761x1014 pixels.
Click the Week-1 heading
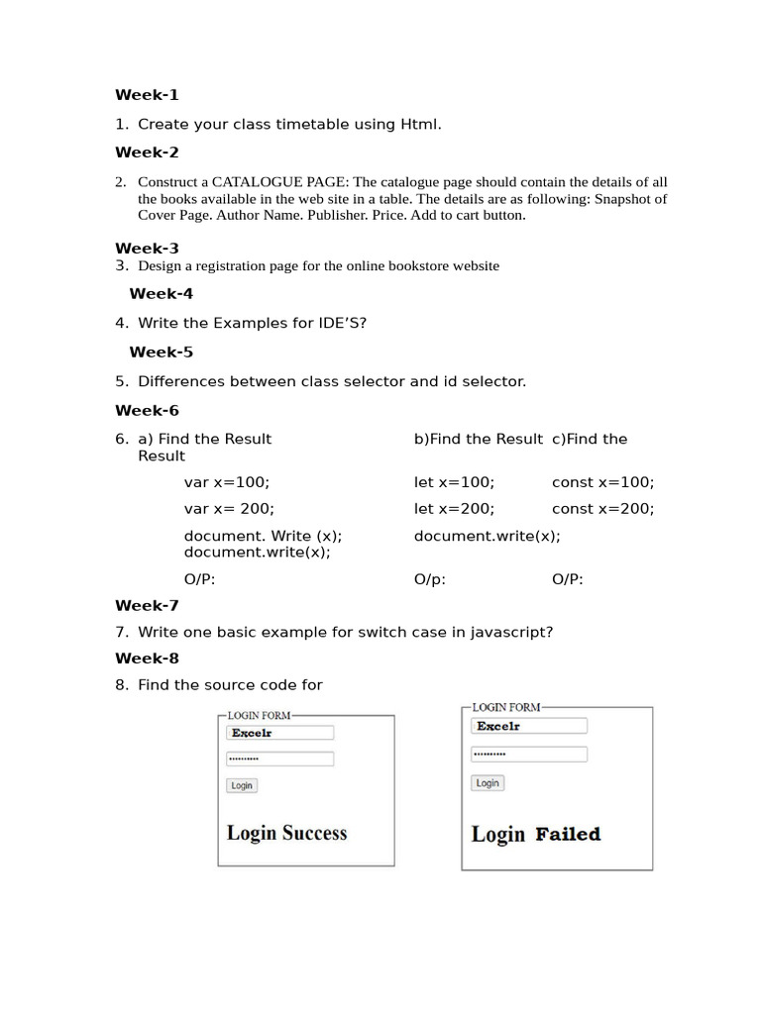147,95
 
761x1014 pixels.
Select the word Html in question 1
419,124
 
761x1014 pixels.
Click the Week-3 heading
147,249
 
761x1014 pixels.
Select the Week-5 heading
161,352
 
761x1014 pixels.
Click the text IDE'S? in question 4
338,323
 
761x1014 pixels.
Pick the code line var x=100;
226,482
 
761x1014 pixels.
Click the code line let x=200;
454,508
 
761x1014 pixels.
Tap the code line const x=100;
602,482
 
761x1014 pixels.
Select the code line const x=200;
602,508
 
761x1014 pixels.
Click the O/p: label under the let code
430,579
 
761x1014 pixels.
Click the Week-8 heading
147,659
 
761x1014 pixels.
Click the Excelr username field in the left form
280,733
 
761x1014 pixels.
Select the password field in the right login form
529,755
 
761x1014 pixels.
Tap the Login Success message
286,833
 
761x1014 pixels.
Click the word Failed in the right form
568,835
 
